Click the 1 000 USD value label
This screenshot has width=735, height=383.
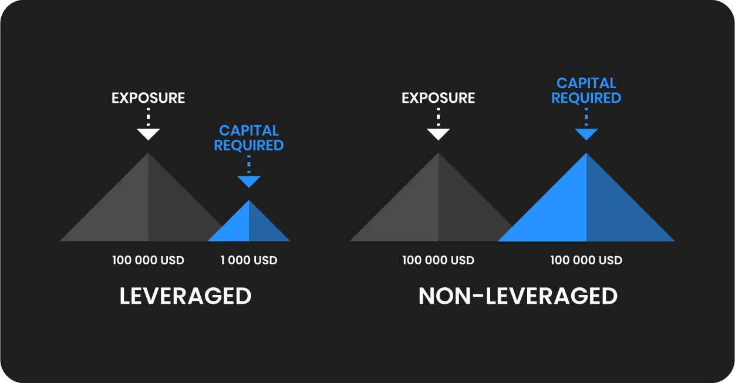(x=249, y=260)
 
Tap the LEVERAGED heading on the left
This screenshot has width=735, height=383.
(x=186, y=296)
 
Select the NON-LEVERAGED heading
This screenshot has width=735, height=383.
(x=518, y=296)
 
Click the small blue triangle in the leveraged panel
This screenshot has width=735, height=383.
(x=249, y=227)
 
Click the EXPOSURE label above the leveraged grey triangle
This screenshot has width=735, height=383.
(x=148, y=98)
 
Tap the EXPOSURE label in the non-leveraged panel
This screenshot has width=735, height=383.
(x=438, y=98)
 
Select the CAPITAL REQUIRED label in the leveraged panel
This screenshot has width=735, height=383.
(x=249, y=138)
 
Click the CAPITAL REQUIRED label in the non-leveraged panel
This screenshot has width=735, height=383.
(x=586, y=90)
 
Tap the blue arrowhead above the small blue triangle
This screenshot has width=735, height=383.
(x=249, y=182)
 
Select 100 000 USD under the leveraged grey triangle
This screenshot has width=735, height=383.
(x=148, y=260)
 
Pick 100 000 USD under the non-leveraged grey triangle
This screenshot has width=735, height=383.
(x=438, y=260)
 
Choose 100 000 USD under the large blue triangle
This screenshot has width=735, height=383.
(x=586, y=260)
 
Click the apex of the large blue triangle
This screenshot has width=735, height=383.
(x=586, y=153)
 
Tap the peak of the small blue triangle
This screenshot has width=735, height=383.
(x=249, y=200)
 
